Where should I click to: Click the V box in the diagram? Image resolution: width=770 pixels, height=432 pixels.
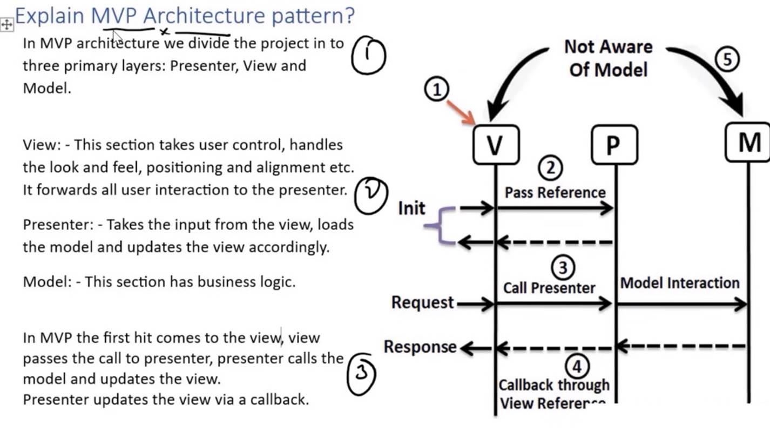496,144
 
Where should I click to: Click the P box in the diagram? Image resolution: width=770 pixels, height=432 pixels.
614,144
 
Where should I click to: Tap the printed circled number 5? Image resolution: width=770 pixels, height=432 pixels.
727,59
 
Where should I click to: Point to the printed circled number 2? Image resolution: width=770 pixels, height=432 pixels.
550,168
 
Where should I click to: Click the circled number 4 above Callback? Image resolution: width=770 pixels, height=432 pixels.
577,366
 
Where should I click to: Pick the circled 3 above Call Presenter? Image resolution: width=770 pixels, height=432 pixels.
563,267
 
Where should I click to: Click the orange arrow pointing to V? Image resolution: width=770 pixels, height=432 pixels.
461,112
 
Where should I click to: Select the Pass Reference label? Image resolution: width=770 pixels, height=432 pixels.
555,192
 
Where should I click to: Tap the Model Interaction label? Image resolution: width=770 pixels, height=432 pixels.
680,283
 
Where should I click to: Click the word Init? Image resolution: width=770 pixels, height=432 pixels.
411,208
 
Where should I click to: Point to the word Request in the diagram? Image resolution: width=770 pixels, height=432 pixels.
422,302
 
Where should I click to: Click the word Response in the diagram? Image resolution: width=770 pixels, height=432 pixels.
420,347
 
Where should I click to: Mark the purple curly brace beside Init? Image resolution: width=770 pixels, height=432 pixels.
440,225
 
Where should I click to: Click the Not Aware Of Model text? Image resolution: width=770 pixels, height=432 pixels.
608,58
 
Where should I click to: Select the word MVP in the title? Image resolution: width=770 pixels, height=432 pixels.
114,16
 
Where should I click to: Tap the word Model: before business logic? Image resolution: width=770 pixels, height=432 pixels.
48,282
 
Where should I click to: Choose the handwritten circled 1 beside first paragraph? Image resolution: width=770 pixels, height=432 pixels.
368,55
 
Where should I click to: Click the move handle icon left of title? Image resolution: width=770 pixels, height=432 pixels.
6,25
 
